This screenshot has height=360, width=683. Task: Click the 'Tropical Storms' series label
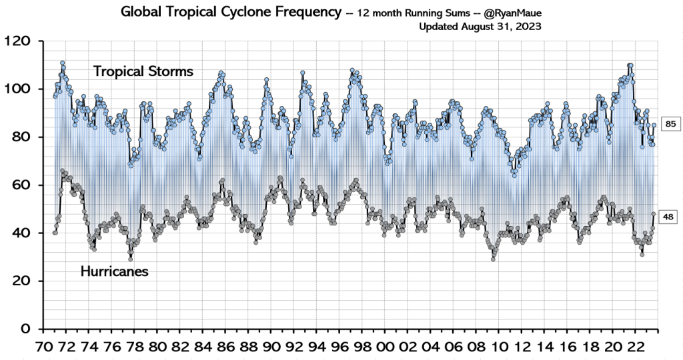click(143, 71)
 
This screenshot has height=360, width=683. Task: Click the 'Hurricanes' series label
click(114, 271)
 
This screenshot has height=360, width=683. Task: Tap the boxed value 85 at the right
click(670, 123)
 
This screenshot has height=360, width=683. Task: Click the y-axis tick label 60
click(22, 185)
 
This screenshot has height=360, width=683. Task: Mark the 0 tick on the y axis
click(27, 329)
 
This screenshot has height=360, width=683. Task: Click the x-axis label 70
click(43, 347)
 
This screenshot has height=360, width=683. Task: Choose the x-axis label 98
click(362, 347)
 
